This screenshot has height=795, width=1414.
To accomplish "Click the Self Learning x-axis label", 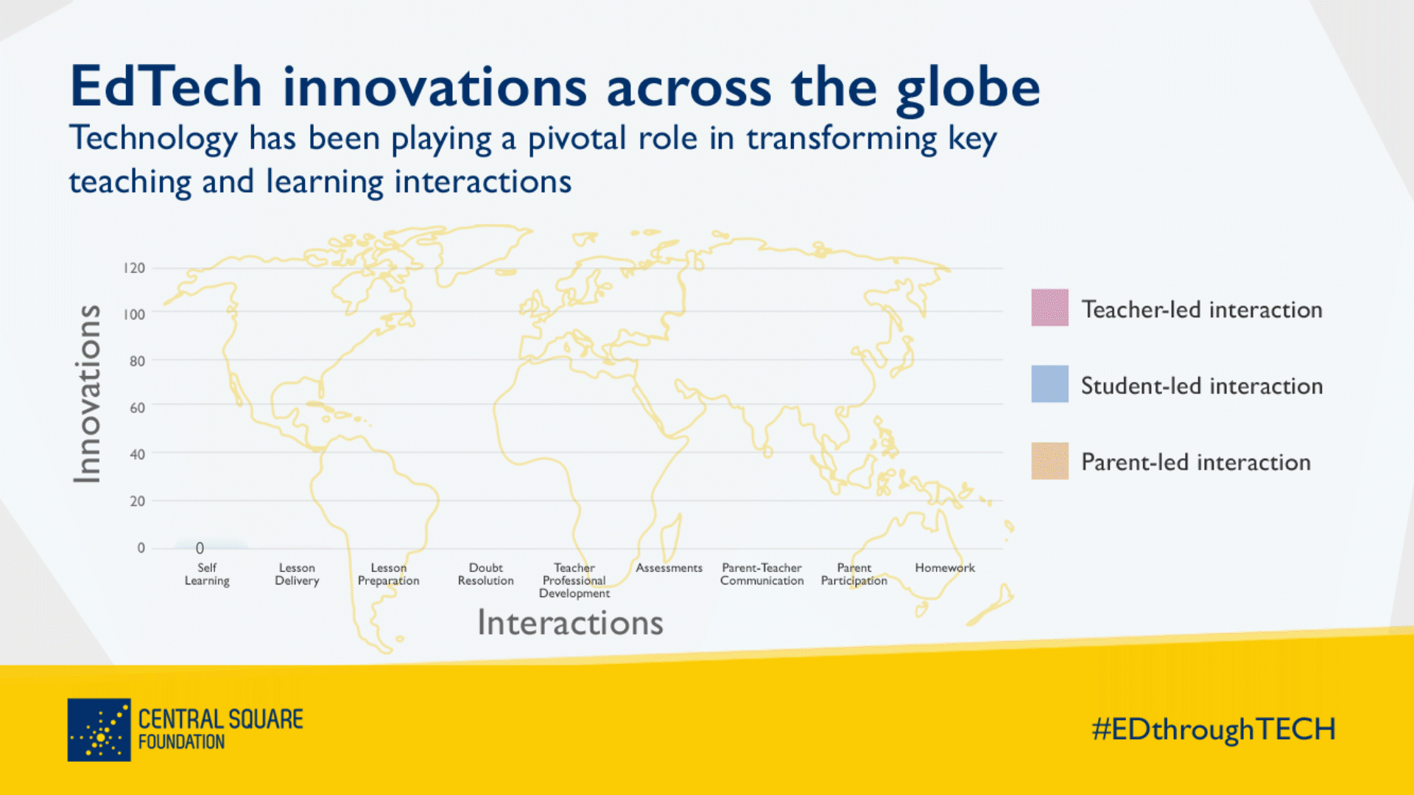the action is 207,574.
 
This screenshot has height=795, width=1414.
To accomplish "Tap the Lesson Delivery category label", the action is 297,574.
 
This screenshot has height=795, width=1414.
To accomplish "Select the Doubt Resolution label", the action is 486,574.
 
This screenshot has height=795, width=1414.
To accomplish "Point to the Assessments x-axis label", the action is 669,568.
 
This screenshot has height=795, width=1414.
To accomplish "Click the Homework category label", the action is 945,568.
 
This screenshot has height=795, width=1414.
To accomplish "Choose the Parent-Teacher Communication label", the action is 761,574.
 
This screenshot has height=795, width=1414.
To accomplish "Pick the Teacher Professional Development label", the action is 574,580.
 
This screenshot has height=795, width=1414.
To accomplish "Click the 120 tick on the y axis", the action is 134,268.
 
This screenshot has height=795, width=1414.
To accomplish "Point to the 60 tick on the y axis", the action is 137,408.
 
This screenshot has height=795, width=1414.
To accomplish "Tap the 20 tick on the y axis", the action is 137,501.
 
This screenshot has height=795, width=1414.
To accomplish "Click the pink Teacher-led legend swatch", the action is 1049,308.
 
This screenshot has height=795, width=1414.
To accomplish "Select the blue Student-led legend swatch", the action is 1049,384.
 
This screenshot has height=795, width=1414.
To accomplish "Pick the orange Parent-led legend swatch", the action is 1049,461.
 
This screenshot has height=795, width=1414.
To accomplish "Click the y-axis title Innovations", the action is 88,394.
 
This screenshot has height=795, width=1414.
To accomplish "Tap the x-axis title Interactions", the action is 571,623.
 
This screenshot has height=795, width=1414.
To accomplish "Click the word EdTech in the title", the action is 166,87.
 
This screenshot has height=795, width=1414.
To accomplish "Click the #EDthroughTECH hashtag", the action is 1214,729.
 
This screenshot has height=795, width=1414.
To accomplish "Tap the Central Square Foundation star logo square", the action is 99,729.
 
